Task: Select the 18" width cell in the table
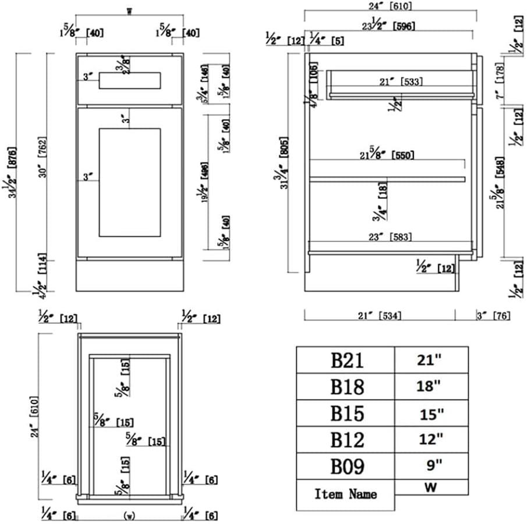click(x=430, y=386)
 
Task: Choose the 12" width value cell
click(x=430, y=439)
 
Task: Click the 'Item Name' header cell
click(x=345, y=494)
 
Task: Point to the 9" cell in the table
click(x=430, y=465)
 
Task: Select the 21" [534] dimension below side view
click(x=379, y=316)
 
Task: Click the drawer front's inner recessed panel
click(x=129, y=81)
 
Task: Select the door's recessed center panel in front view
click(x=129, y=183)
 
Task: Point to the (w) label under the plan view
click(x=129, y=515)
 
